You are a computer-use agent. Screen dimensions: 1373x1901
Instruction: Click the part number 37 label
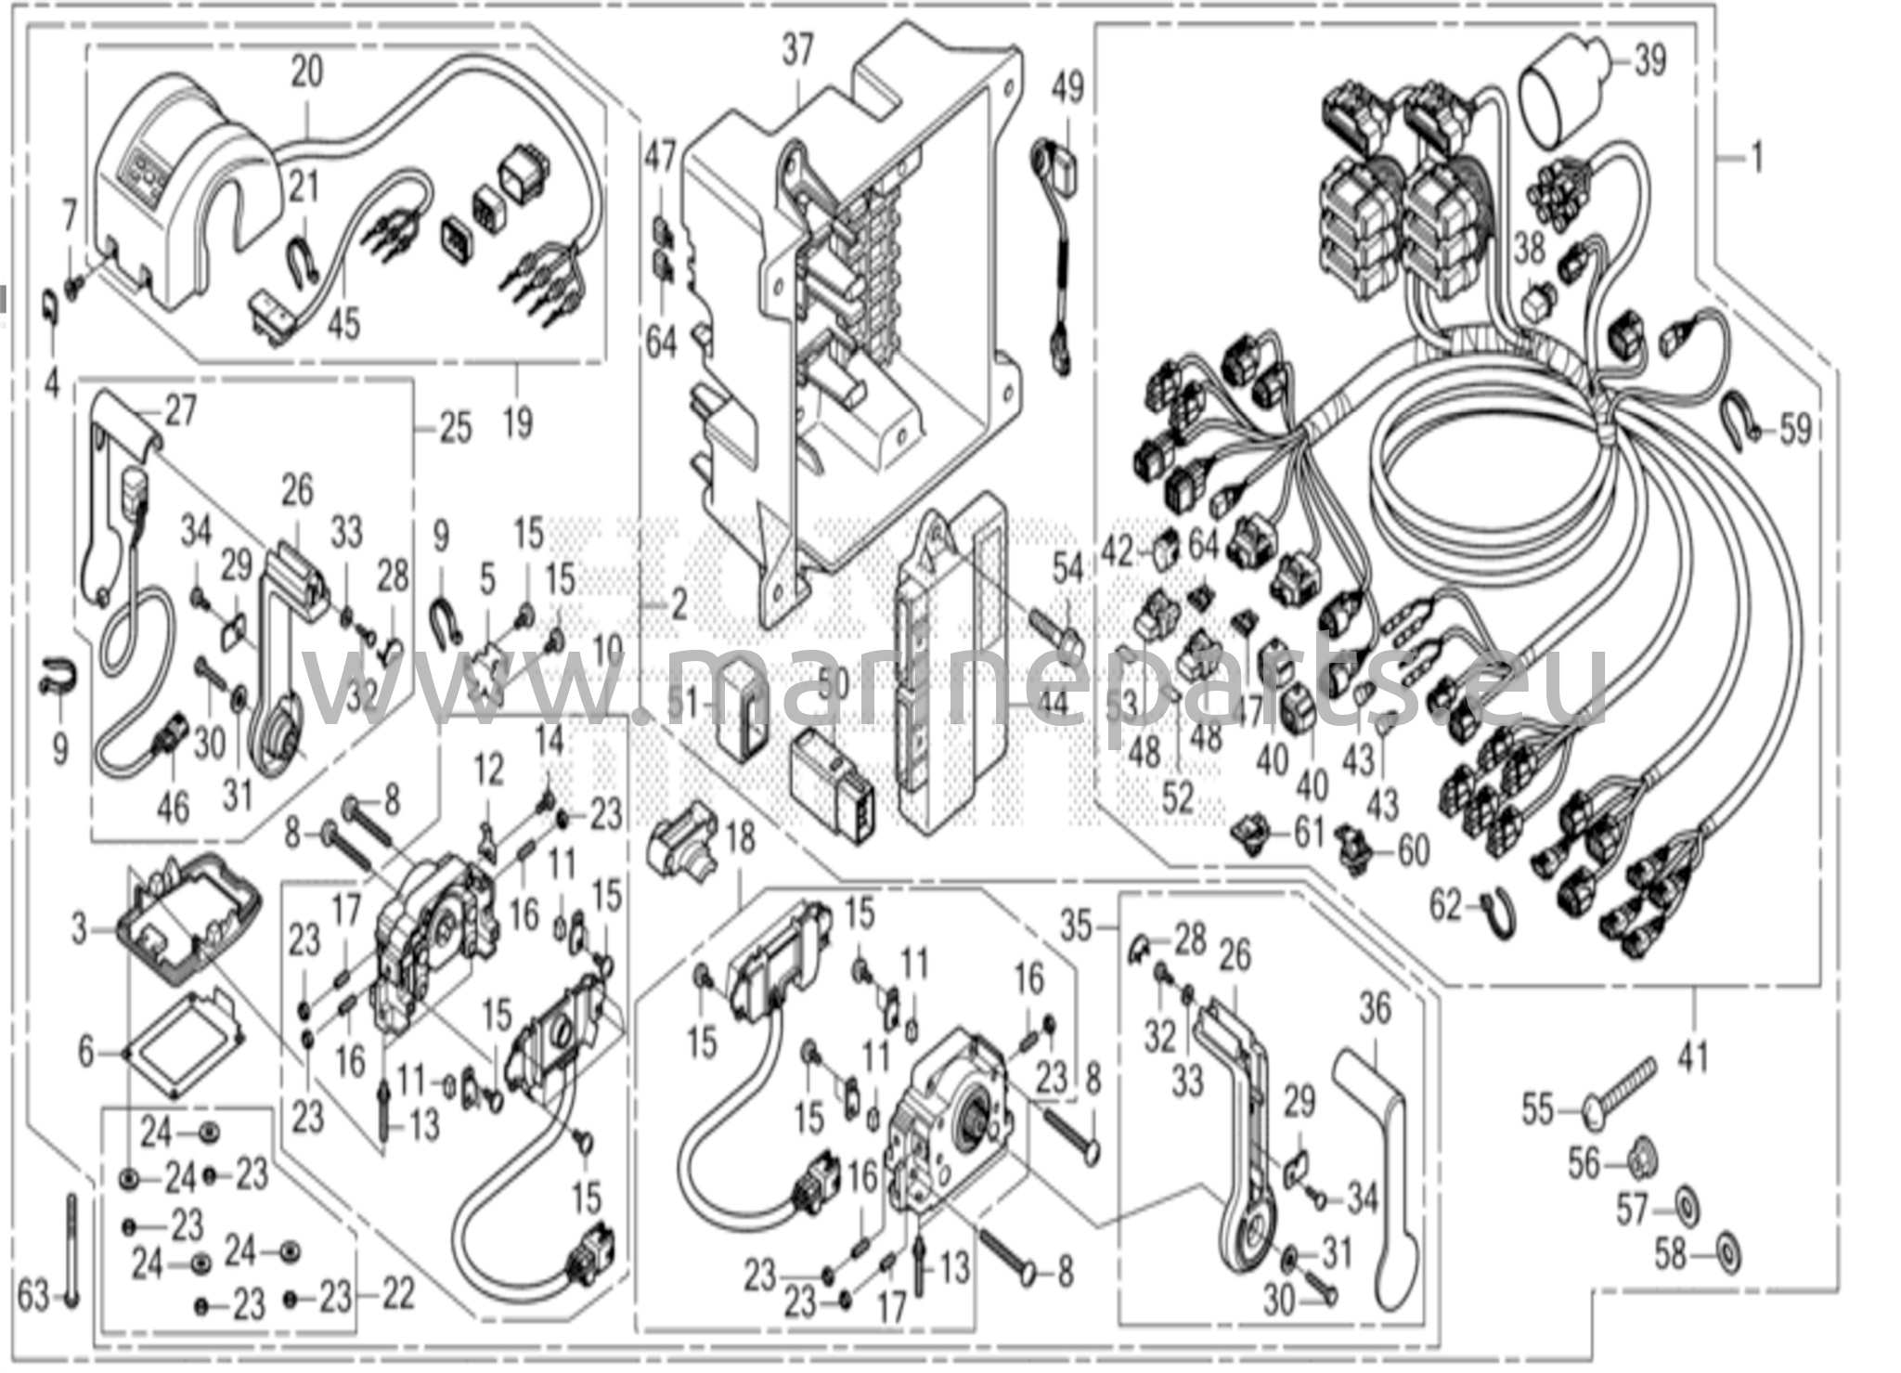[x=796, y=51]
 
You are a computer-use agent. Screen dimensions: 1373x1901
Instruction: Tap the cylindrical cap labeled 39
[x=1558, y=91]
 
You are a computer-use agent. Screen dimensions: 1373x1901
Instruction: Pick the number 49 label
[x=1067, y=90]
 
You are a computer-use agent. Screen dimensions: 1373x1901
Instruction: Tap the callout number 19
[x=518, y=422]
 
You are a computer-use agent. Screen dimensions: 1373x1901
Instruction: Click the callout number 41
[x=1693, y=1056]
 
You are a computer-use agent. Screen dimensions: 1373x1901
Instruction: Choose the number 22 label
[x=398, y=1294]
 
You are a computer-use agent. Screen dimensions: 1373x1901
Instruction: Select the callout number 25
[x=455, y=429]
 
